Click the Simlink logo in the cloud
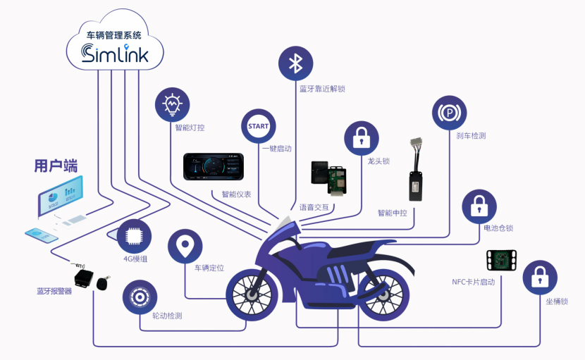point(116,54)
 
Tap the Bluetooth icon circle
point(296,64)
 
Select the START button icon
point(258,126)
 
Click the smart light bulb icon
point(172,105)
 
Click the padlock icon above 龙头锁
point(361,137)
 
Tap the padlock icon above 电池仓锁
point(479,206)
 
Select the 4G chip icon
point(133,236)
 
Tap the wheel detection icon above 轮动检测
point(140,297)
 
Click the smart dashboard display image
point(214,168)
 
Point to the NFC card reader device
point(501,261)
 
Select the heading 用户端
point(56,166)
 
